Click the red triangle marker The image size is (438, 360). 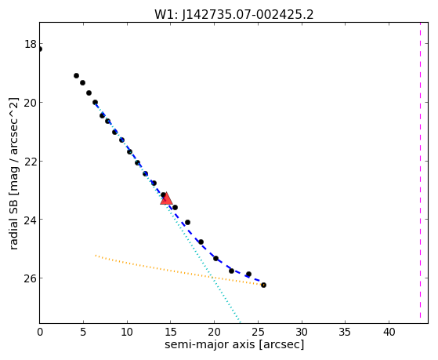click(x=166, y=198)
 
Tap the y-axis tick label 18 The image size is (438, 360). click(x=30, y=44)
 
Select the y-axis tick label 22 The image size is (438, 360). click(x=30, y=162)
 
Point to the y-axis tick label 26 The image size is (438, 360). click(x=30, y=278)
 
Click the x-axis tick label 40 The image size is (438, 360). click(x=389, y=332)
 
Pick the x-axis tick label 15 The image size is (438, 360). click(x=170, y=332)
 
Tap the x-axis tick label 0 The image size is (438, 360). click(x=40, y=332)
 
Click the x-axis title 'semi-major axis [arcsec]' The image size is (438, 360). click(x=234, y=344)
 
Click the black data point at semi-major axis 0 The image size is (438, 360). click(x=40, y=49)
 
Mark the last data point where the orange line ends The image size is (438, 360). click(x=263, y=285)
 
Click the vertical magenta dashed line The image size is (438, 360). click(x=420, y=173)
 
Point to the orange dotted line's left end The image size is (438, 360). click(x=96, y=256)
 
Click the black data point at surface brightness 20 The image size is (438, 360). click(x=96, y=103)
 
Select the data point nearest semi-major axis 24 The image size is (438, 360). click(x=248, y=275)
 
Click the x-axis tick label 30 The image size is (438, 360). click(x=302, y=332)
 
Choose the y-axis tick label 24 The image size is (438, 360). click(x=30, y=220)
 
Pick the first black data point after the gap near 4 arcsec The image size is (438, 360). click(x=76, y=75)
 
